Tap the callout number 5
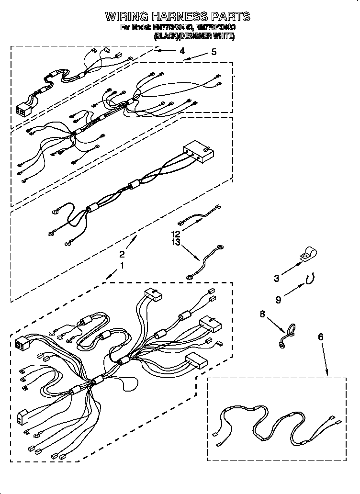coord(214,52)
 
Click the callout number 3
coord(277,277)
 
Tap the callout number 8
coord(262,314)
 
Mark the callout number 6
coord(320,337)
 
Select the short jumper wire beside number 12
coord(199,216)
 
